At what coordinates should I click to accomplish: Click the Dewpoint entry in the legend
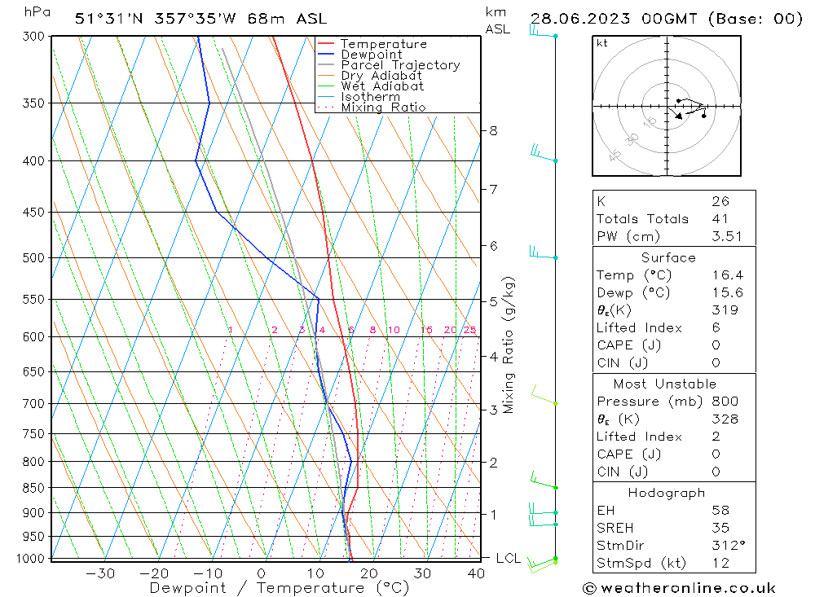point(371,55)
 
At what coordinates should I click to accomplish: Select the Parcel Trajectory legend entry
point(400,65)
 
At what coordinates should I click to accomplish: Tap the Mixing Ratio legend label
point(383,108)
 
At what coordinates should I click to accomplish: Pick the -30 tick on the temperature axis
point(100,573)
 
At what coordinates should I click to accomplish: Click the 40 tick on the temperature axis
point(476,573)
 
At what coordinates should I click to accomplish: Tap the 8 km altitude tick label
point(493,130)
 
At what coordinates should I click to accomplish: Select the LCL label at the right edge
point(508,558)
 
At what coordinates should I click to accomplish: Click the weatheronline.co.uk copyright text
point(678,587)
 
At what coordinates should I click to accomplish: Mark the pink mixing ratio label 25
point(469,330)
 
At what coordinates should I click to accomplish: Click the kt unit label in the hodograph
point(601,43)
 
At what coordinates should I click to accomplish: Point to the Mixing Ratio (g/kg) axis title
point(509,345)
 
